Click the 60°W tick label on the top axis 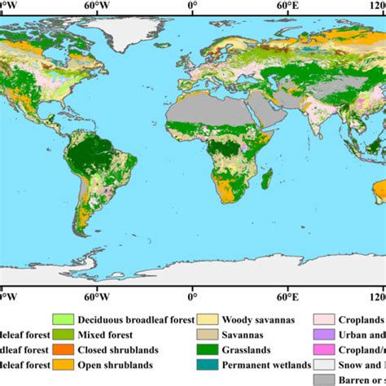(x=97, y=4)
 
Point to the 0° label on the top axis (x=192, y=4)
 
